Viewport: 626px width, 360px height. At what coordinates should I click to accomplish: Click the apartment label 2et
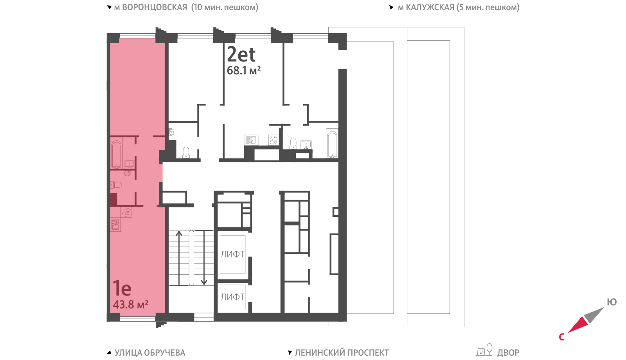241,54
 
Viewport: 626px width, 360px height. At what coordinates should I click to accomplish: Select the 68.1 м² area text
244,70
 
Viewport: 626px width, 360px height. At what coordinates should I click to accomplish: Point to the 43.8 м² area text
131,304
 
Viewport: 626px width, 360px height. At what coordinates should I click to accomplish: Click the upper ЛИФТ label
232,254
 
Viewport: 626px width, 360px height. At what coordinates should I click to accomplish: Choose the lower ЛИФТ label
232,297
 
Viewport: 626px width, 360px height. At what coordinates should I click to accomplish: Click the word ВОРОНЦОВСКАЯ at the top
151,7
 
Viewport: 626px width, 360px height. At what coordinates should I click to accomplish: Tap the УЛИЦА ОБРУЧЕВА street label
150,353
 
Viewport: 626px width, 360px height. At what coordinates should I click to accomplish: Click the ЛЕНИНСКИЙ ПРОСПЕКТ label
342,353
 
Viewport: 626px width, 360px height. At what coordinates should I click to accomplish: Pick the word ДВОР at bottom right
508,353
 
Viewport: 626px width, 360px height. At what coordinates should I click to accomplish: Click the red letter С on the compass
562,337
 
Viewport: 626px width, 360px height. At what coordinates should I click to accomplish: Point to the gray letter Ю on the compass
612,302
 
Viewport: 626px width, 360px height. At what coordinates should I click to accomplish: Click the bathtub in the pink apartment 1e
117,155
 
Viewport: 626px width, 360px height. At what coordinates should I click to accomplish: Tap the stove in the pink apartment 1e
126,212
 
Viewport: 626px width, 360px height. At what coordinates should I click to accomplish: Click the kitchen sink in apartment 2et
251,140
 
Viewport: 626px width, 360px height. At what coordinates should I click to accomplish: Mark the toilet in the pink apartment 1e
116,185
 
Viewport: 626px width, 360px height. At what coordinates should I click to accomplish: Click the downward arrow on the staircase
204,257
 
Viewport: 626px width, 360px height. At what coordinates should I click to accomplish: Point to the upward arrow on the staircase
179,258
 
